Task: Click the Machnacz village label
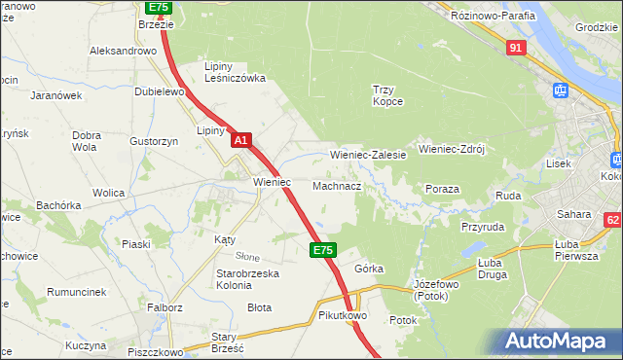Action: coord(338,185)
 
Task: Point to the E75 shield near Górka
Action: coord(324,250)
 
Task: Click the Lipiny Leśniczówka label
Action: coord(235,72)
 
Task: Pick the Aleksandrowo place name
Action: coord(124,51)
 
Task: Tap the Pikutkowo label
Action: coord(341,316)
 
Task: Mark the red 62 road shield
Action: coord(612,220)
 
